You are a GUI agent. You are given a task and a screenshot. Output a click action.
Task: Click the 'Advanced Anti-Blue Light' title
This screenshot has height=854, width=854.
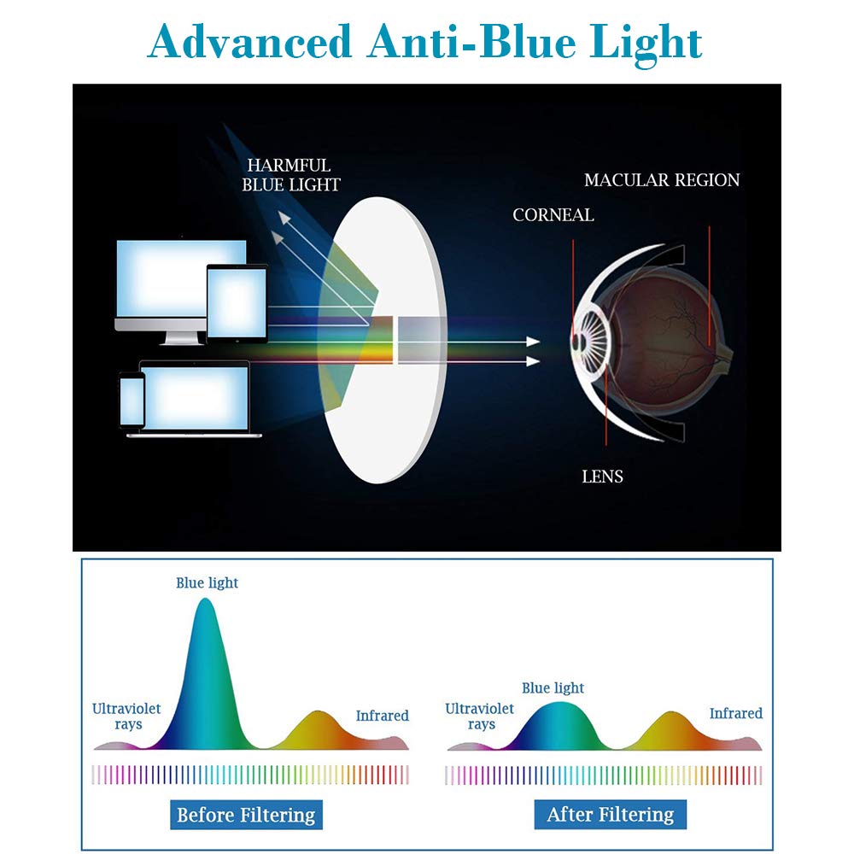424,44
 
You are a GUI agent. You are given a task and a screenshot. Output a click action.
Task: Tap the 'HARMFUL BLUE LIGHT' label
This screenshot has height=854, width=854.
291,175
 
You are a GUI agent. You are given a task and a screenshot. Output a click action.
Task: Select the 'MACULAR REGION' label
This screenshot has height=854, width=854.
662,179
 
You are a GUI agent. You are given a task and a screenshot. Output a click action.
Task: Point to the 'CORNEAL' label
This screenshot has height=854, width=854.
553,214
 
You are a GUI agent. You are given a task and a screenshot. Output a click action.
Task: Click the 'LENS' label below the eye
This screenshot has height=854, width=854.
602,477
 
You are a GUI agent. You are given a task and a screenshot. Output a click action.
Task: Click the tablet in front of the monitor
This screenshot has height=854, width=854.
237,303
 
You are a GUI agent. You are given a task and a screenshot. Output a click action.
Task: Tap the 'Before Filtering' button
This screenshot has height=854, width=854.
246,815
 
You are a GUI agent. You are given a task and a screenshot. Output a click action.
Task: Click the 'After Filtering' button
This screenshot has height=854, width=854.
610,814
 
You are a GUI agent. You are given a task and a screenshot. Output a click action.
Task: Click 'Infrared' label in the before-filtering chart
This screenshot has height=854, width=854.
382,715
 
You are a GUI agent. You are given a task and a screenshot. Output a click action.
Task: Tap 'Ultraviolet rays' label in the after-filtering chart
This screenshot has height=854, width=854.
479,717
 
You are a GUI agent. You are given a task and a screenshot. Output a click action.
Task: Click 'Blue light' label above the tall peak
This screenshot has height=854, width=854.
207,582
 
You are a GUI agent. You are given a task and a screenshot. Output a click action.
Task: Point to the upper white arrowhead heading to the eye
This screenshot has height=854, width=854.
533,342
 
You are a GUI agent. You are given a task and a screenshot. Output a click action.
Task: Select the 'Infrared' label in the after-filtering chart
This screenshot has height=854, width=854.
736,713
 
